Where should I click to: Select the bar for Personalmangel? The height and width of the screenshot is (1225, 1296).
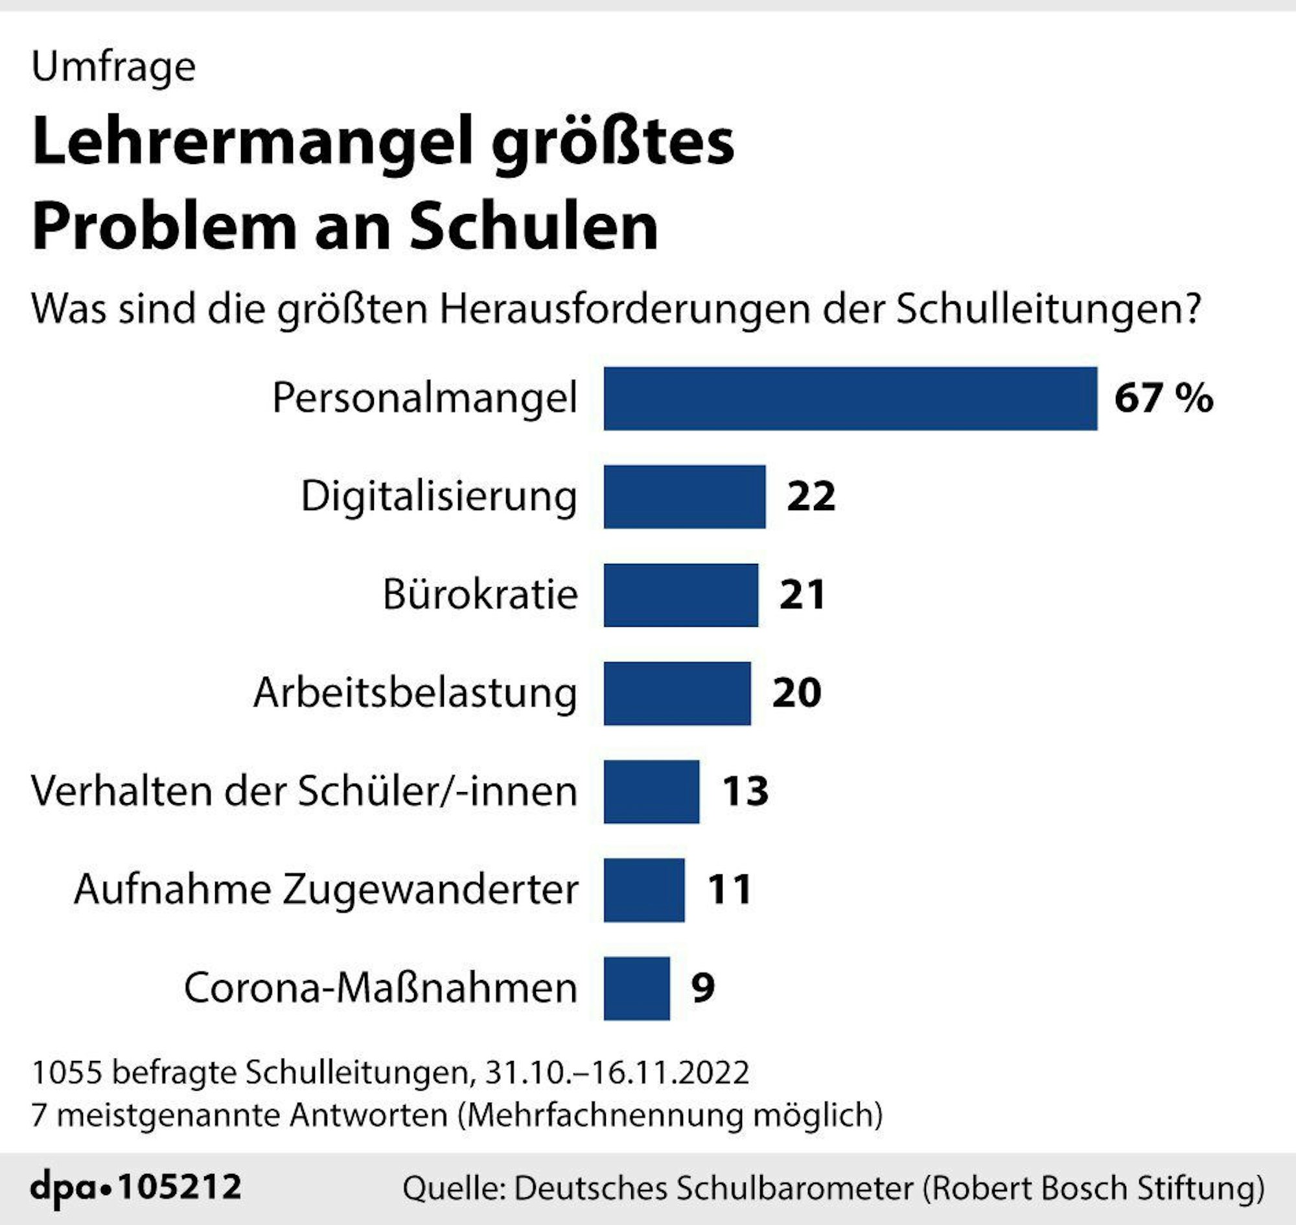[x=850, y=399]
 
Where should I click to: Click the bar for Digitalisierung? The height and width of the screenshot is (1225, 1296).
[x=684, y=497]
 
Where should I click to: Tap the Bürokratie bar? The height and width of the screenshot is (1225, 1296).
[x=681, y=595]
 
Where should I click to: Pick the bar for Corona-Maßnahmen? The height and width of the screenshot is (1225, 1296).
[x=636, y=988]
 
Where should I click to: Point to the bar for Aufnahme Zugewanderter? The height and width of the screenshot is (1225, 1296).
[x=643, y=890]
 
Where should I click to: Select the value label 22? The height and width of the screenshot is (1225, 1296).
[x=811, y=496]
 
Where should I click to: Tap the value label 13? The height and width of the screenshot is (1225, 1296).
[x=745, y=791]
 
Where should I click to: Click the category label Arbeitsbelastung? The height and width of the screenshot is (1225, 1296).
[x=415, y=693]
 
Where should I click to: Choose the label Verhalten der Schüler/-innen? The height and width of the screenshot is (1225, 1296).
[x=305, y=791]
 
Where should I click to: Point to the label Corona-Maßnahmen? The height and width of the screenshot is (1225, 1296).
[x=380, y=988]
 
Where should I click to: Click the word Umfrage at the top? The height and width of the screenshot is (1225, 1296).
[x=113, y=67]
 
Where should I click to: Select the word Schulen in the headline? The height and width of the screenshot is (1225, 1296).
[x=534, y=228]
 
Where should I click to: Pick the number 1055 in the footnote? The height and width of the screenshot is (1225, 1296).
[x=67, y=1072]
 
